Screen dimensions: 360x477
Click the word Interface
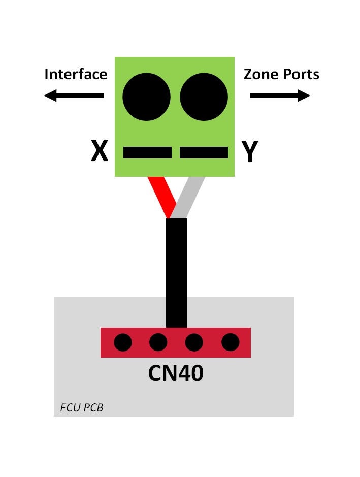[x=76, y=74]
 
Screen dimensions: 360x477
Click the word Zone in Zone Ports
[x=261, y=74]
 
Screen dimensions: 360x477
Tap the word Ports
[x=301, y=75]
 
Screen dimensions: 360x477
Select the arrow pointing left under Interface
[x=74, y=96]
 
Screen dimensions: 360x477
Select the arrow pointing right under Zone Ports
[x=280, y=96]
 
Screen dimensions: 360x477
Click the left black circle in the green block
[x=146, y=97]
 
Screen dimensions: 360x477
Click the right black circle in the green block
[x=204, y=97]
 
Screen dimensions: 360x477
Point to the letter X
[x=100, y=150]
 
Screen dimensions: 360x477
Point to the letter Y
[x=250, y=151]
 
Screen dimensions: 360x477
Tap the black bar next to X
[x=147, y=152]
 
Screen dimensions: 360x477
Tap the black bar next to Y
[x=204, y=152]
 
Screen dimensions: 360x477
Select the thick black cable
[x=176, y=273]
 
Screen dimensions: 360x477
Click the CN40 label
[x=176, y=373]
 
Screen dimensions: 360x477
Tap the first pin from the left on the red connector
[x=123, y=342]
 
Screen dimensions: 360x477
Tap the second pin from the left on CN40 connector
[x=158, y=342]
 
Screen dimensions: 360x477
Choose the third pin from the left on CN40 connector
[x=194, y=342]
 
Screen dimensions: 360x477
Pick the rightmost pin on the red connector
[x=230, y=342]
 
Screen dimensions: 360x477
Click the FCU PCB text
[x=82, y=407]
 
